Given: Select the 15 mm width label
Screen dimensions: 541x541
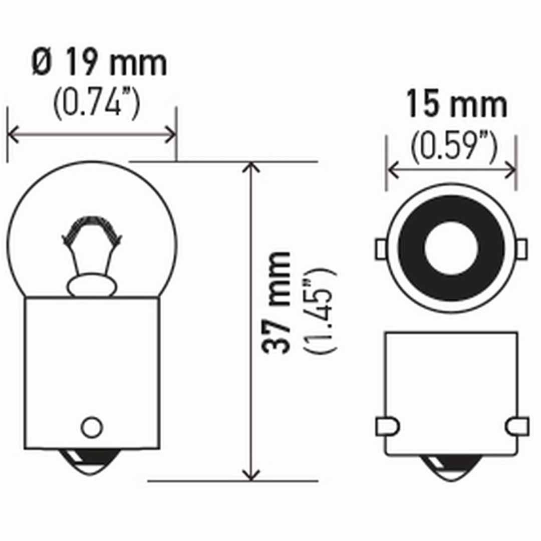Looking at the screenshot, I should [456, 105].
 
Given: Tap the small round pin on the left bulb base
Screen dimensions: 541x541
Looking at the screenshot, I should [92, 426].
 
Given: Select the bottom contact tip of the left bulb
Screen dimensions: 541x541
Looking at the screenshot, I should [92, 463].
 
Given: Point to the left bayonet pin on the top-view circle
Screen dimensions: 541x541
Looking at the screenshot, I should [381, 249].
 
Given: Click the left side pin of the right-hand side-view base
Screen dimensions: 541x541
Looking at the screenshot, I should [387, 425].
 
